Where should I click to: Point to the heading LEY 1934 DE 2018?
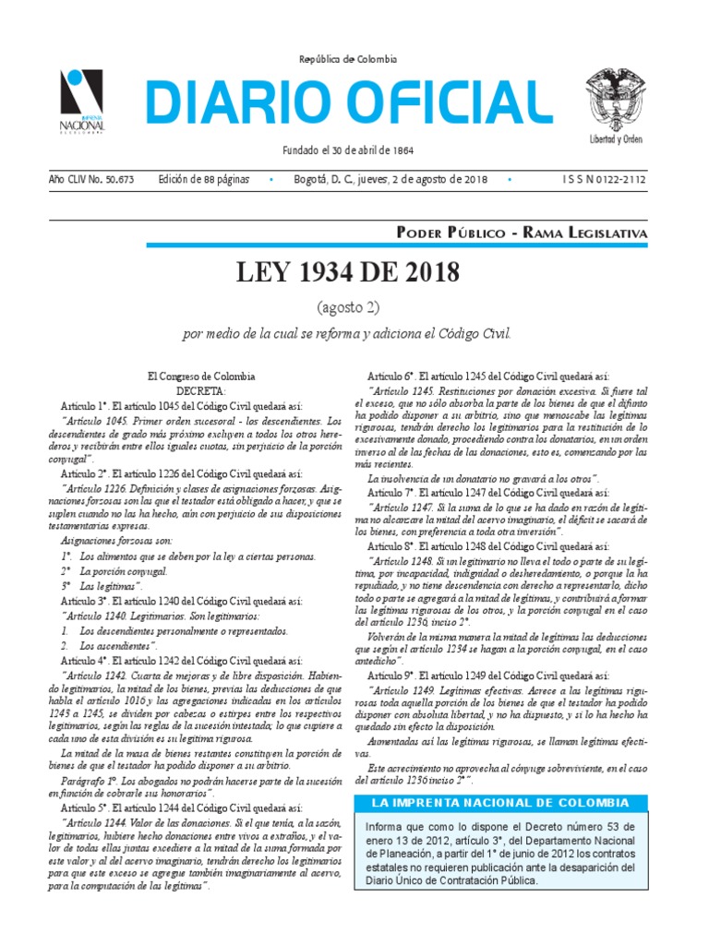[347, 274]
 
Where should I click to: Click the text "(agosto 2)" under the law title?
[347, 307]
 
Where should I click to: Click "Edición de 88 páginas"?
[203, 179]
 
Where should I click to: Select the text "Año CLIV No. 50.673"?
[91, 179]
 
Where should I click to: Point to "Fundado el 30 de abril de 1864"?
[347, 150]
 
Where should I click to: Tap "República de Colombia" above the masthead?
[347, 59]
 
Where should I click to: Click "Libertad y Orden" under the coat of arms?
[617, 138]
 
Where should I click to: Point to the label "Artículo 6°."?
[391, 377]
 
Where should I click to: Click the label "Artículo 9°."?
[391, 676]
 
